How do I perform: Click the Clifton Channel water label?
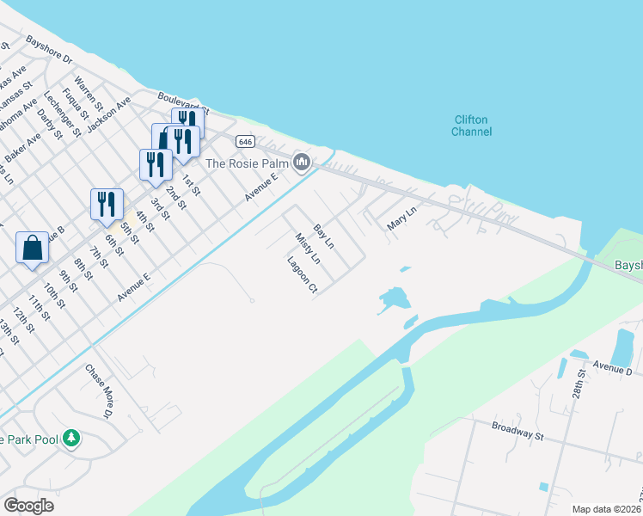click(471, 126)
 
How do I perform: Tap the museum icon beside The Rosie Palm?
click(302, 162)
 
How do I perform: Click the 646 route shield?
click(246, 140)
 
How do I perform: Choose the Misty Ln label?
click(307, 248)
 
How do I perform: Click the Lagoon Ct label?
click(303, 274)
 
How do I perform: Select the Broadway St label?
click(518, 431)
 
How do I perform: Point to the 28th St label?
click(582, 381)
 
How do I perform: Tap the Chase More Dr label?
click(99, 391)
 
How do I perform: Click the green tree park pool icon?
click(72, 439)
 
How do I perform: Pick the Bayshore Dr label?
click(50, 51)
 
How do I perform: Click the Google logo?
click(28, 505)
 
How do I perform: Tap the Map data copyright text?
click(607, 508)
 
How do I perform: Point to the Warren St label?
click(89, 95)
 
